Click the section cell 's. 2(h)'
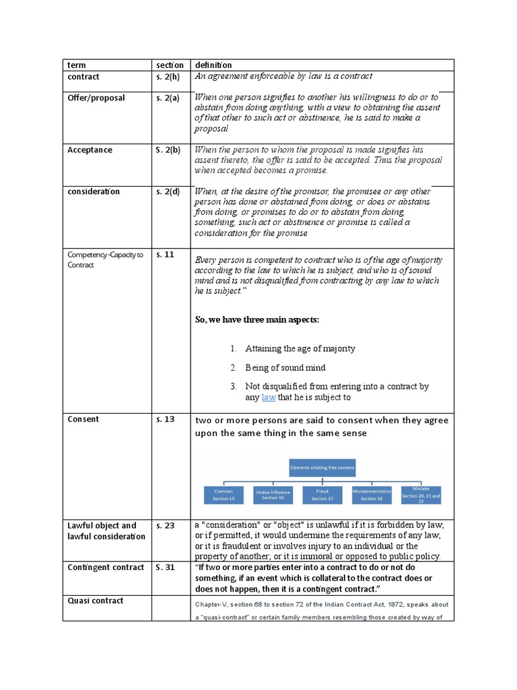pos(167,77)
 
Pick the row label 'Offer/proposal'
pos(96,98)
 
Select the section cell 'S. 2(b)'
pos(167,150)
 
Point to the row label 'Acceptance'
pos(90,150)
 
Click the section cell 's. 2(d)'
pos(167,192)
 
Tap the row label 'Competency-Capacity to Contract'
pos(104,259)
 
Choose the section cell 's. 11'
pos(165,255)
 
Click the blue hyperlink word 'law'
pos(269,398)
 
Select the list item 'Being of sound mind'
pos(285,368)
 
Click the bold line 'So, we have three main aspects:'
pos(256,319)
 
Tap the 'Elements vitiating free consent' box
pos(322,466)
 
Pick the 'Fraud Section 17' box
pos(322,495)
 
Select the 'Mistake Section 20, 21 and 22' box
pos(421,495)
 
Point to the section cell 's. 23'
pos(165,526)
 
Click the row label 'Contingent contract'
pos(106,567)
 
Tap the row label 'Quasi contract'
pos(96,601)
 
